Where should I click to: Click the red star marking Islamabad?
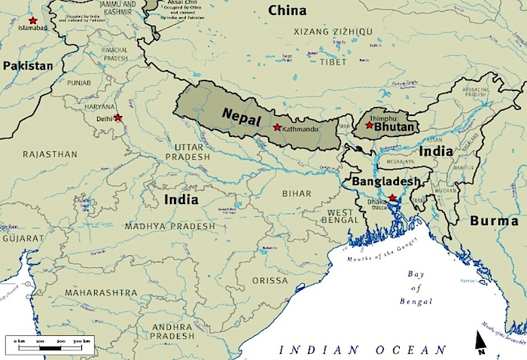click(32, 20)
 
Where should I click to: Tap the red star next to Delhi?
click(117, 117)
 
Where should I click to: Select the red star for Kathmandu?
click(277, 127)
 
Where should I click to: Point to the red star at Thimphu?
click(369, 125)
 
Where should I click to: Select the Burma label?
click(494, 221)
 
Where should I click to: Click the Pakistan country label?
click(28, 66)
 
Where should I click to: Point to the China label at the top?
click(287, 10)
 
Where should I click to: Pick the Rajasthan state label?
click(50, 154)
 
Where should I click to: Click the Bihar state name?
click(296, 194)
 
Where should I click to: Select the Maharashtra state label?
click(101, 291)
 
